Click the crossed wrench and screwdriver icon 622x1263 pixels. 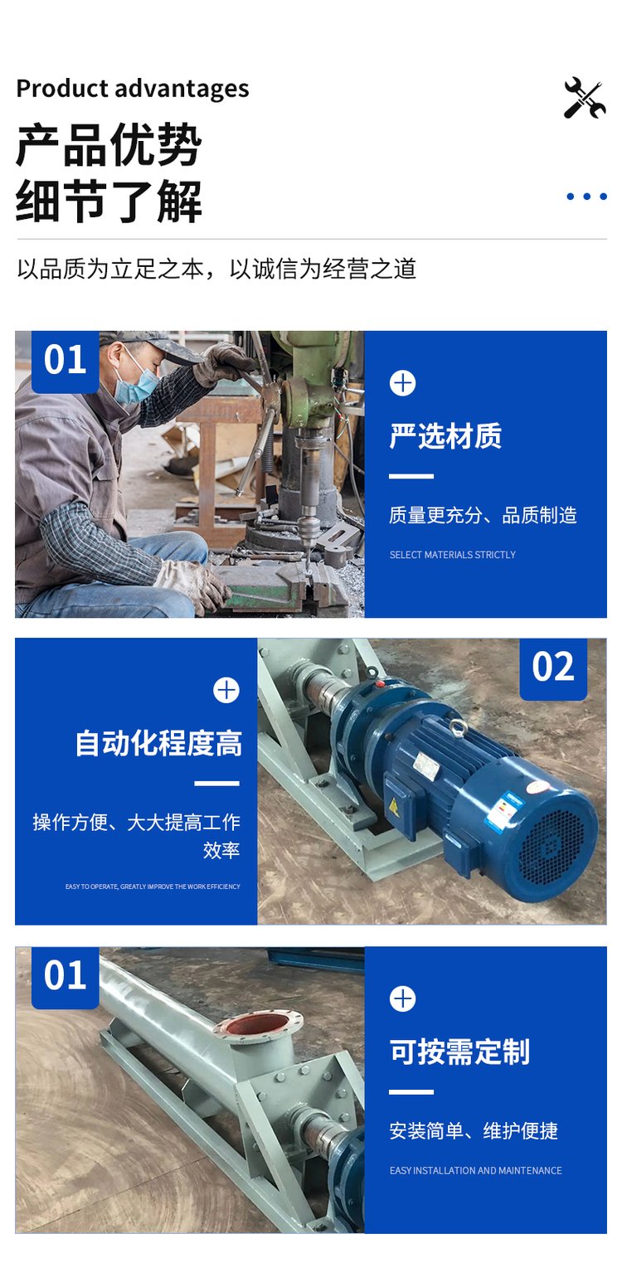(585, 98)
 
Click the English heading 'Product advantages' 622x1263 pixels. (133, 89)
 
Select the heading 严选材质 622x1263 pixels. (445, 436)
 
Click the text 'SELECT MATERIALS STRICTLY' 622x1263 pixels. (452, 555)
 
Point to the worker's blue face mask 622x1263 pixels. (136, 383)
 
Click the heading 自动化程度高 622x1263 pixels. (158, 742)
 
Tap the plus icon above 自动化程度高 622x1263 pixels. (226, 690)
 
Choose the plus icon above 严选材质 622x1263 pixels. (402, 383)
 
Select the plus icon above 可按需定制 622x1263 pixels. (402, 998)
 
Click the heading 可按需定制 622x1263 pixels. (459, 1052)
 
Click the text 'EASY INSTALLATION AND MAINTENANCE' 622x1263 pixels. (475, 1170)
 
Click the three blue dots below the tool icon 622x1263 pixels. (586, 197)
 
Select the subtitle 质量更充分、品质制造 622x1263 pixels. (483, 515)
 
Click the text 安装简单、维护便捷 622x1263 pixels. (474, 1130)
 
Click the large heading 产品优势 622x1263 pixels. (109, 145)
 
